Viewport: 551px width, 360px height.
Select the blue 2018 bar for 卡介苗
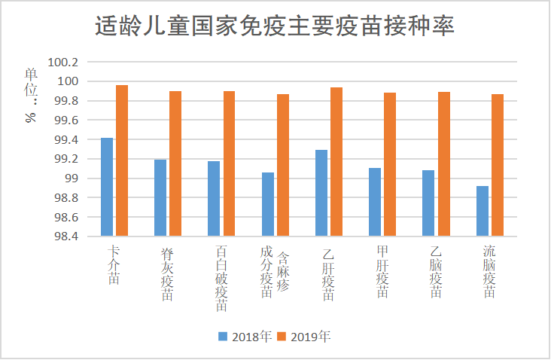point(107,187)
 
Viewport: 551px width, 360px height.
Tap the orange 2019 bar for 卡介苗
point(122,160)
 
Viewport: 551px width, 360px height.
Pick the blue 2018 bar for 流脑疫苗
point(483,211)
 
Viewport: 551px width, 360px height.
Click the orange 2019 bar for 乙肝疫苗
point(336,161)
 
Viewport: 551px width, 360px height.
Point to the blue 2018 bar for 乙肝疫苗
point(321,193)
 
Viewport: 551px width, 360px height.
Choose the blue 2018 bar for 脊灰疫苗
point(160,197)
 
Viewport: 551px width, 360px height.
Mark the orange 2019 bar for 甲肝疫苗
point(390,164)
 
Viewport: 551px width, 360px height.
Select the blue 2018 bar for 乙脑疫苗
point(428,203)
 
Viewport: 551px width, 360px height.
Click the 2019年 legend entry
point(304,336)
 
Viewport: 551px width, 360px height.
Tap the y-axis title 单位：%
point(31,94)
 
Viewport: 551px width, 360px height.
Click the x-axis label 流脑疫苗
point(489,272)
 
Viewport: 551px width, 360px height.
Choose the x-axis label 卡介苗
point(114,264)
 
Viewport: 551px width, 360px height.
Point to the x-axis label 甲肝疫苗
point(382,272)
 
